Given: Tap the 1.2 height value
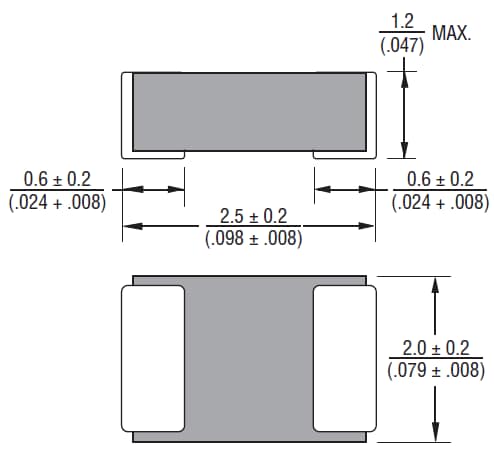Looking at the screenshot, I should (x=403, y=19).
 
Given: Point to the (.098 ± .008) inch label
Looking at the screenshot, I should (x=254, y=239).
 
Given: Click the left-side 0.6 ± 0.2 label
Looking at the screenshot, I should (x=57, y=180).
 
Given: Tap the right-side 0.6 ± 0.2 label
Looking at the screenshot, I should (x=440, y=180).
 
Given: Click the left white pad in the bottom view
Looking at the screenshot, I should (x=153, y=356).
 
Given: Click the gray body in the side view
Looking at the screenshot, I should (x=250, y=111).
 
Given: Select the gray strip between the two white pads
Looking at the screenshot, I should (x=249, y=356).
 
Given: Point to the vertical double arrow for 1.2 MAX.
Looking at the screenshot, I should (x=403, y=115).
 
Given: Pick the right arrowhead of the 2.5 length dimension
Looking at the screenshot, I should (x=370, y=228).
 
